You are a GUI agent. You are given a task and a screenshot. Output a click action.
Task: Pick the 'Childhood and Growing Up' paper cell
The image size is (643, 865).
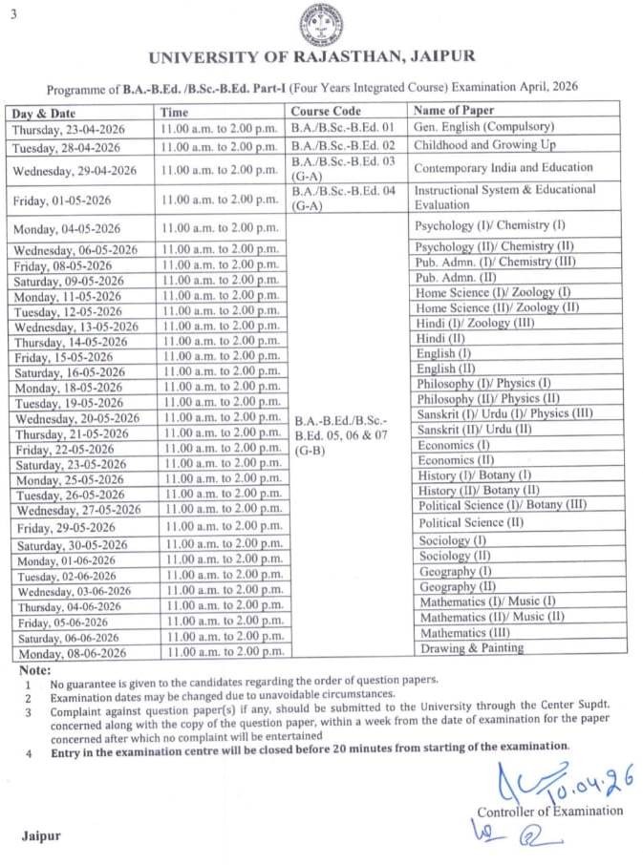pos(484,145)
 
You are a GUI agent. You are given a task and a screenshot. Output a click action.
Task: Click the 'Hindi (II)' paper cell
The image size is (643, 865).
pos(441,338)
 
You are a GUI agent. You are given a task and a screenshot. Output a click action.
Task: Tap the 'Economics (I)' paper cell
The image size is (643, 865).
pos(453,445)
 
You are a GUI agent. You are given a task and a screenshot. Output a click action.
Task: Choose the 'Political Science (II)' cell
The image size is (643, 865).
pos(471,523)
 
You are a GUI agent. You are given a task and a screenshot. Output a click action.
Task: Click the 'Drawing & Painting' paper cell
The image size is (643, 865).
pos(472,648)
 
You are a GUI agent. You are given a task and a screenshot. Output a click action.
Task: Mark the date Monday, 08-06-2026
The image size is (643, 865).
pos(70,654)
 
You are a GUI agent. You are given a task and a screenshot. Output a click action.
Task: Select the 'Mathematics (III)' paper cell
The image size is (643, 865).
pos(465,633)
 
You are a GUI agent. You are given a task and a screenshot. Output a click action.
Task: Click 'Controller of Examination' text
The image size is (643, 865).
pos(549,812)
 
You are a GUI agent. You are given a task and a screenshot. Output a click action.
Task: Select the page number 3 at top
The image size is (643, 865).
pos(13,10)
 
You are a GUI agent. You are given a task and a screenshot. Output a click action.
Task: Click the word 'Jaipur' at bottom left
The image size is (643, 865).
pos(42,835)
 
